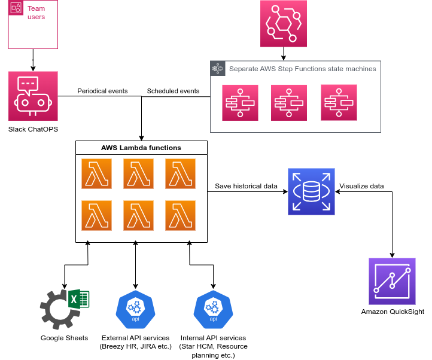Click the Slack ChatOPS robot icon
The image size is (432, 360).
click(33, 96)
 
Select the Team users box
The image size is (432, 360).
click(33, 24)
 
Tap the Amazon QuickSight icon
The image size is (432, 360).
click(392, 281)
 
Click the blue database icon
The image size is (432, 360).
click(311, 191)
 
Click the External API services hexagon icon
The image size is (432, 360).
click(135, 308)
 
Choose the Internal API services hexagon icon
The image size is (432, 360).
click(213, 308)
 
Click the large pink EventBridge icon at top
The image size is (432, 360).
click(284, 23)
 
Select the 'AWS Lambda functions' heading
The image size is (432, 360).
click(141, 147)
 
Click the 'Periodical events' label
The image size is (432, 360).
click(102, 91)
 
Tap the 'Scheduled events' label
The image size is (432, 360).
click(173, 91)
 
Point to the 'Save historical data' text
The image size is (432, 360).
click(246, 186)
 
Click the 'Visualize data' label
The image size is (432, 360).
click(361, 186)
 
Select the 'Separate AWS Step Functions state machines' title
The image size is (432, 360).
click(302, 69)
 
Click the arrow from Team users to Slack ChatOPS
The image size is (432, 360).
click(33, 60)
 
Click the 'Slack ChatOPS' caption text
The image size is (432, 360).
click(33, 129)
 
